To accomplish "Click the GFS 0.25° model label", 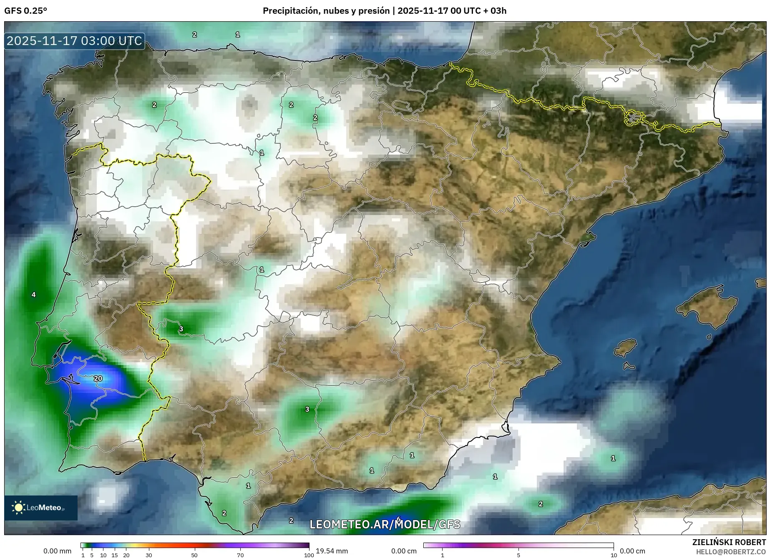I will coord(25,11).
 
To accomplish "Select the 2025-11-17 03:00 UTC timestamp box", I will coord(74,41).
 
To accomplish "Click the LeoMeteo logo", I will coord(40,508).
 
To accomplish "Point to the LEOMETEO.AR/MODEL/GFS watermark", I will coord(385,524).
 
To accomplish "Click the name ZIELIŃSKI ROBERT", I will coord(729,542).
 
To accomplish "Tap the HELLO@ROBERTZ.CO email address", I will coord(731,552).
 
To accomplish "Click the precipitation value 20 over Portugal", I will coord(98,378).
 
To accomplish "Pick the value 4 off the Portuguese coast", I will coord(34,295).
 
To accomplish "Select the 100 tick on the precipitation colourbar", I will coord(309,555).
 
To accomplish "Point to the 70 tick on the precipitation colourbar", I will coord(240,555).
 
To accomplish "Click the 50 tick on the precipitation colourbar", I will coord(194,555).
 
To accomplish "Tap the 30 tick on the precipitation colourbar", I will coord(149,555).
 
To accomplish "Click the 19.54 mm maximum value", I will coord(332,551).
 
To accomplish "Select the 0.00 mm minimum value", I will coord(57,551).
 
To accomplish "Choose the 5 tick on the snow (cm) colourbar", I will coord(518,555).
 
